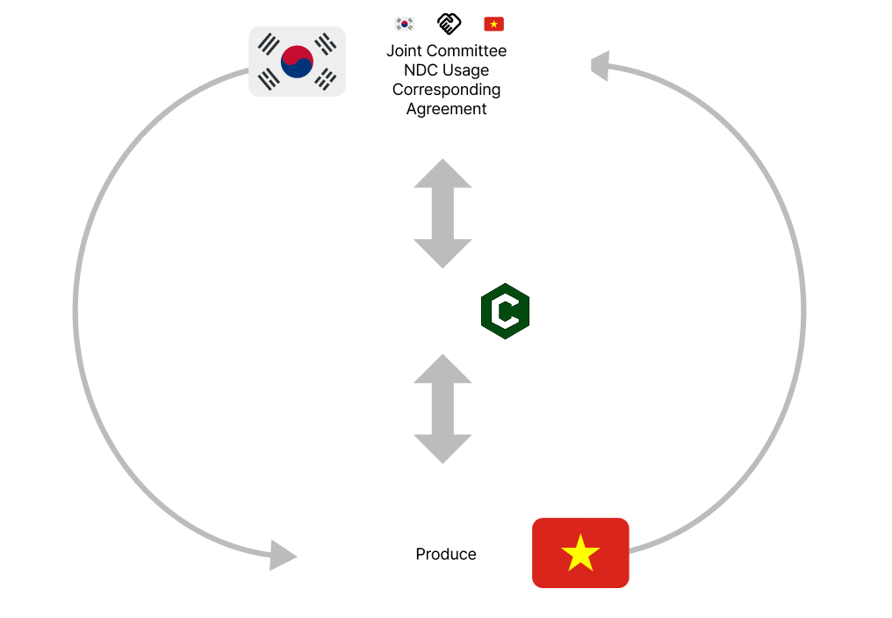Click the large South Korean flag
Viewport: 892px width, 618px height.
click(x=297, y=62)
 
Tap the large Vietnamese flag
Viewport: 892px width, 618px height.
click(x=580, y=553)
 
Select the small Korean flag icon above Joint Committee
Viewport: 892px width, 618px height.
click(x=405, y=24)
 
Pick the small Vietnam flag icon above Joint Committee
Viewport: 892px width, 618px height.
click(x=493, y=24)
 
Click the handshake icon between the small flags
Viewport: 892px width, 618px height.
click(x=449, y=24)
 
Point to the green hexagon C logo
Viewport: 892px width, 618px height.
click(x=506, y=311)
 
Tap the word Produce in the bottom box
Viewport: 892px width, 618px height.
click(x=446, y=554)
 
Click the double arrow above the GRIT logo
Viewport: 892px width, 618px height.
click(x=442, y=214)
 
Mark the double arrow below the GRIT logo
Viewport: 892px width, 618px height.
click(x=442, y=408)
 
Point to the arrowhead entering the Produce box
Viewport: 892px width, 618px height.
click(x=284, y=556)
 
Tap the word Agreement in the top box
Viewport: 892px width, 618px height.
click(x=446, y=109)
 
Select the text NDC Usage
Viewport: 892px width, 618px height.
click(x=446, y=70)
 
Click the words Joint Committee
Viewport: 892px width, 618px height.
click(x=446, y=51)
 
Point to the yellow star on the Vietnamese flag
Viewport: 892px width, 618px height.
click(x=580, y=554)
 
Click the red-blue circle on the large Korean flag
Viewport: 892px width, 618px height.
click(x=297, y=62)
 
